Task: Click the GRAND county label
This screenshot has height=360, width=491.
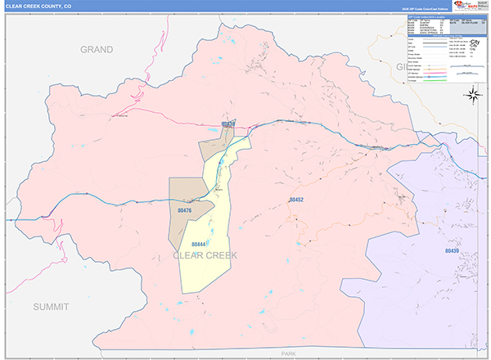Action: pyautogui.click(x=96, y=50)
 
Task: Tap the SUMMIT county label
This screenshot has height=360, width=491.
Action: pyautogui.click(x=53, y=306)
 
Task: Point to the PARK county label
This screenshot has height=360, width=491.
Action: pyautogui.click(x=287, y=353)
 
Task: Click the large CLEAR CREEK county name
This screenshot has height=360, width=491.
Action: pyautogui.click(x=205, y=256)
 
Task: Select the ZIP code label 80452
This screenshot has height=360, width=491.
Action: pyautogui.click(x=295, y=200)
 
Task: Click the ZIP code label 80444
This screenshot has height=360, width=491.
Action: pyautogui.click(x=198, y=243)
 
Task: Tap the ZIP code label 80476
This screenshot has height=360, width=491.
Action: pyautogui.click(x=184, y=211)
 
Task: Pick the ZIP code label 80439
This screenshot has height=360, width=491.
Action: pyautogui.click(x=453, y=250)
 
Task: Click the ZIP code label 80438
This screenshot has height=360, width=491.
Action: pyautogui.click(x=228, y=124)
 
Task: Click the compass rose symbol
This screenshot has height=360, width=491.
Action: pyautogui.click(x=472, y=96)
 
